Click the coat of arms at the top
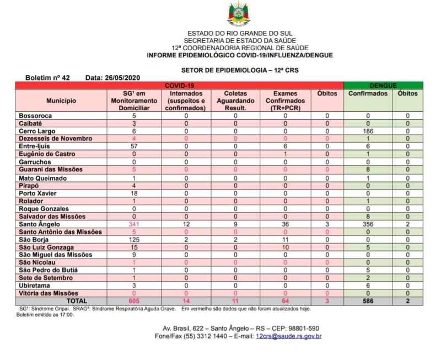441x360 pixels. (x=238, y=14)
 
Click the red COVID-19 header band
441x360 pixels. (x=179, y=85)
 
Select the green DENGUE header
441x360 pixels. (x=383, y=85)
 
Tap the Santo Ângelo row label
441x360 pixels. (x=39, y=224)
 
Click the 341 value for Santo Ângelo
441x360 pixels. (x=134, y=224)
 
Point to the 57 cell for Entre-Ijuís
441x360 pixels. (x=134, y=147)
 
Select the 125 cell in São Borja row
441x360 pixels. (x=134, y=240)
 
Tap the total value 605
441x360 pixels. (x=134, y=302)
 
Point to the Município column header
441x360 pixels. (x=61, y=101)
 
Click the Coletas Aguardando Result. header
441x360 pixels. (x=235, y=101)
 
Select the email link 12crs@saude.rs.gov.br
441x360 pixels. (x=288, y=336)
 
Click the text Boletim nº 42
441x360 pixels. (x=47, y=78)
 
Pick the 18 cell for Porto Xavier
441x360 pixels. (x=134, y=194)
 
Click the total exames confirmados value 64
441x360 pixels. (x=285, y=302)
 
